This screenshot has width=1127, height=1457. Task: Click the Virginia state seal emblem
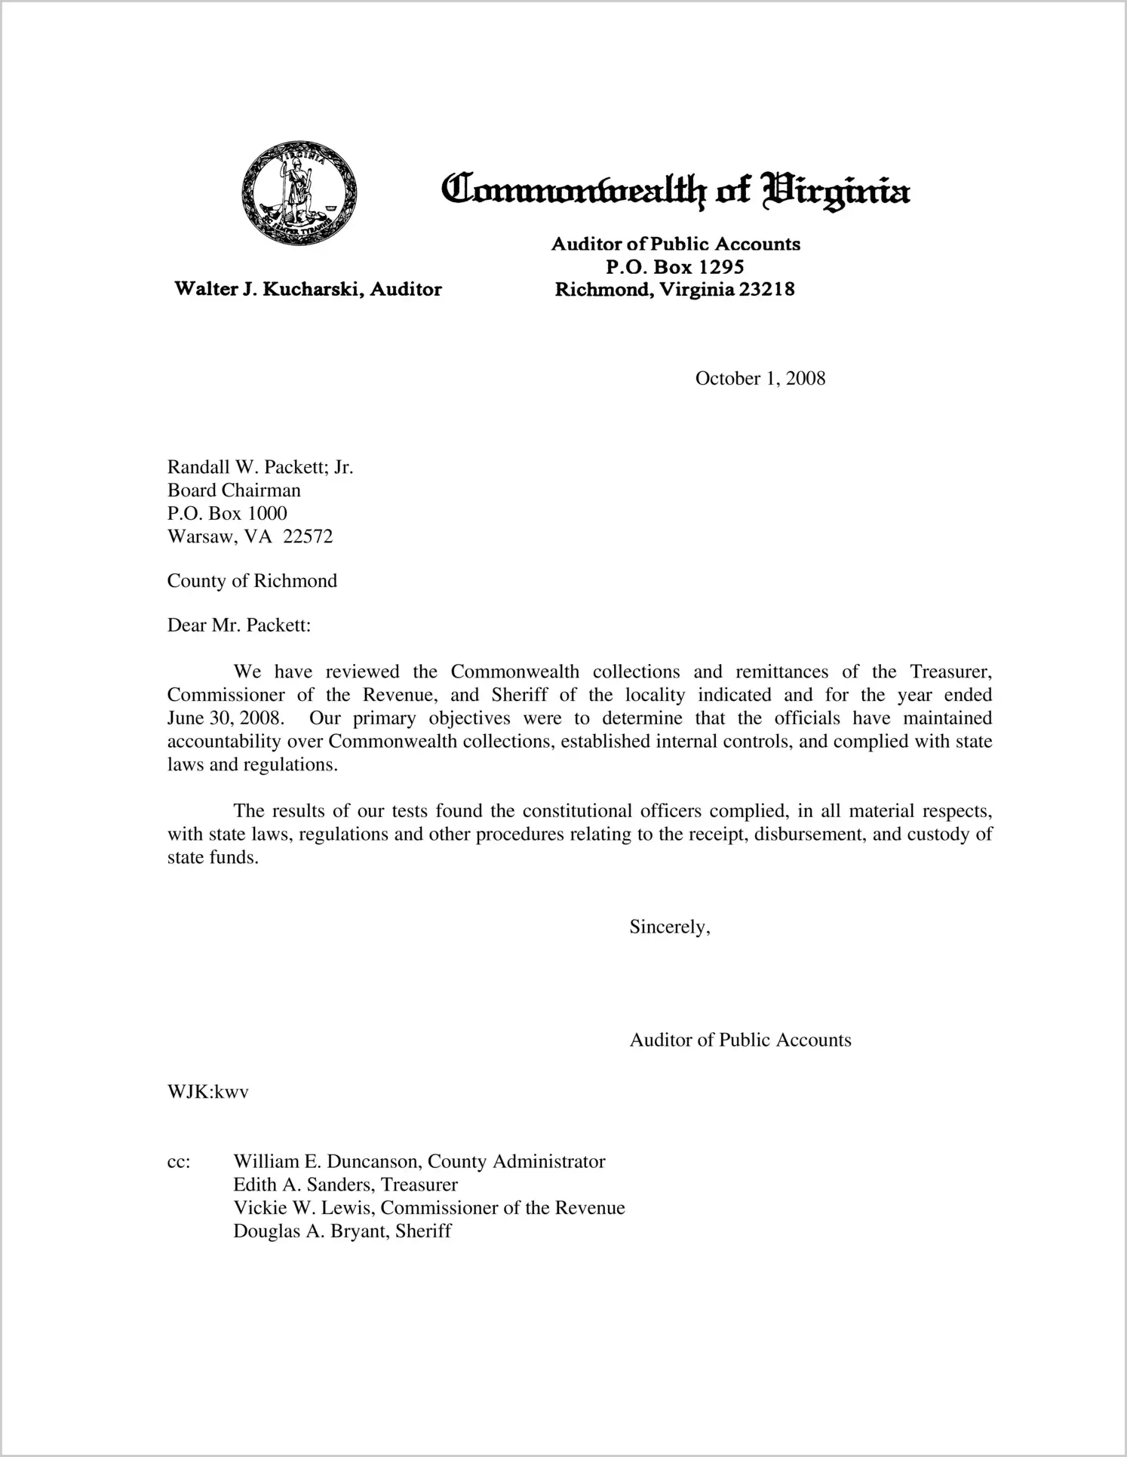tap(299, 192)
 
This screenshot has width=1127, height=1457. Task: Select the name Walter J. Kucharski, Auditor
tap(308, 289)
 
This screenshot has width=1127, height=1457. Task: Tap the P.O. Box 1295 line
tap(675, 266)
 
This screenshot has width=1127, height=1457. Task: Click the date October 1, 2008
tap(760, 379)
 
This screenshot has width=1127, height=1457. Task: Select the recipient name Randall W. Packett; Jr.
tap(260, 467)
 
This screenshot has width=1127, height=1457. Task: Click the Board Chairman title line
tap(234, 490)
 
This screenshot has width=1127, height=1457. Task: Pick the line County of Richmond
tap(252, 581)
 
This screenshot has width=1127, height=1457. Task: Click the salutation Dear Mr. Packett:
tap(239, 626)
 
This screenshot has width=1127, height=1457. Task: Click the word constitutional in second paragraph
tap(577, 811)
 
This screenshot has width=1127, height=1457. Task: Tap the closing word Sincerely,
tap(670, 927)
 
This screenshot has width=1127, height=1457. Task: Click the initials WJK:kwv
tap(208, 1092)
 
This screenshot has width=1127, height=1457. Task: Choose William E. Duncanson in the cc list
tap(326, 1161)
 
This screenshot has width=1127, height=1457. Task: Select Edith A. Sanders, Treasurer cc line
tap(345, 1185)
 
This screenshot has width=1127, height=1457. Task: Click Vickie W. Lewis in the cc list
tap(304, 1208)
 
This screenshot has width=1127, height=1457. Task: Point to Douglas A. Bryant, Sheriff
tap(342, 1231)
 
